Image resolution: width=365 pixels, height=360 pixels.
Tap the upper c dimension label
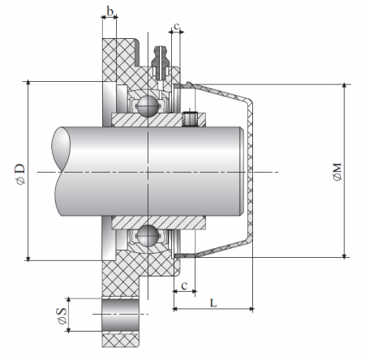pos(176,26)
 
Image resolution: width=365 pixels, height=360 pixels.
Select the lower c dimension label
pos(186,285)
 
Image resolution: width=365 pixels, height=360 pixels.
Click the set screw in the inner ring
pos(191,118)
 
